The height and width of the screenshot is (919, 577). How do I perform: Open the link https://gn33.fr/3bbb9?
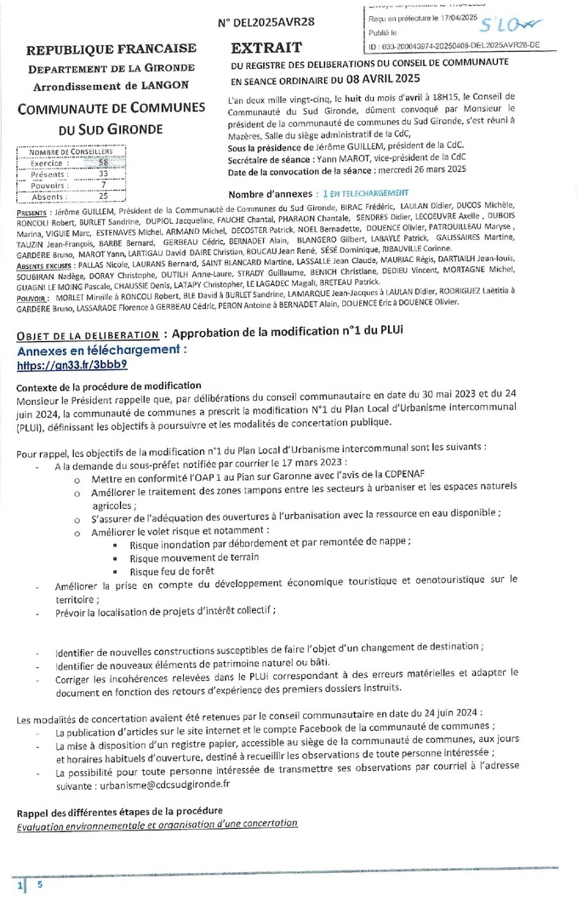[72, 364]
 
